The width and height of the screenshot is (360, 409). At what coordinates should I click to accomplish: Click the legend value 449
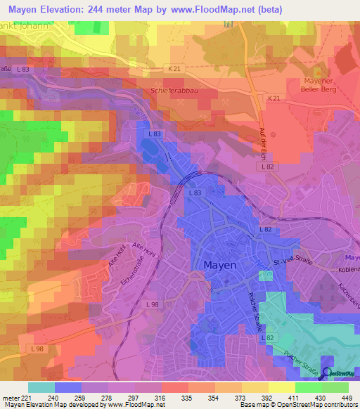tap(347, 396)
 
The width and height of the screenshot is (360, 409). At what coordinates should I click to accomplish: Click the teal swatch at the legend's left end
tap(41, 387)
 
